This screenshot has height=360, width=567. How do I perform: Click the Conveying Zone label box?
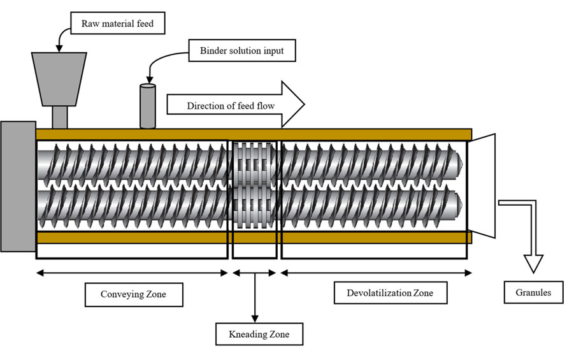133,294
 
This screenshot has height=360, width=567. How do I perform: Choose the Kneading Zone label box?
257,333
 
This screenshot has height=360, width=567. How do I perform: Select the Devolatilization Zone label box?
390,293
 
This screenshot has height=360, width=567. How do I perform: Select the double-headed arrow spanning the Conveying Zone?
132,273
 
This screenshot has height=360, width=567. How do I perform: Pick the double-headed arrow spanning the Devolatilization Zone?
376,273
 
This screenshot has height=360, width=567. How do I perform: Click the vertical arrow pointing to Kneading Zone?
255,299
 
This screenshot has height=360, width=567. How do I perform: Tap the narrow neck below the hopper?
59,117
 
